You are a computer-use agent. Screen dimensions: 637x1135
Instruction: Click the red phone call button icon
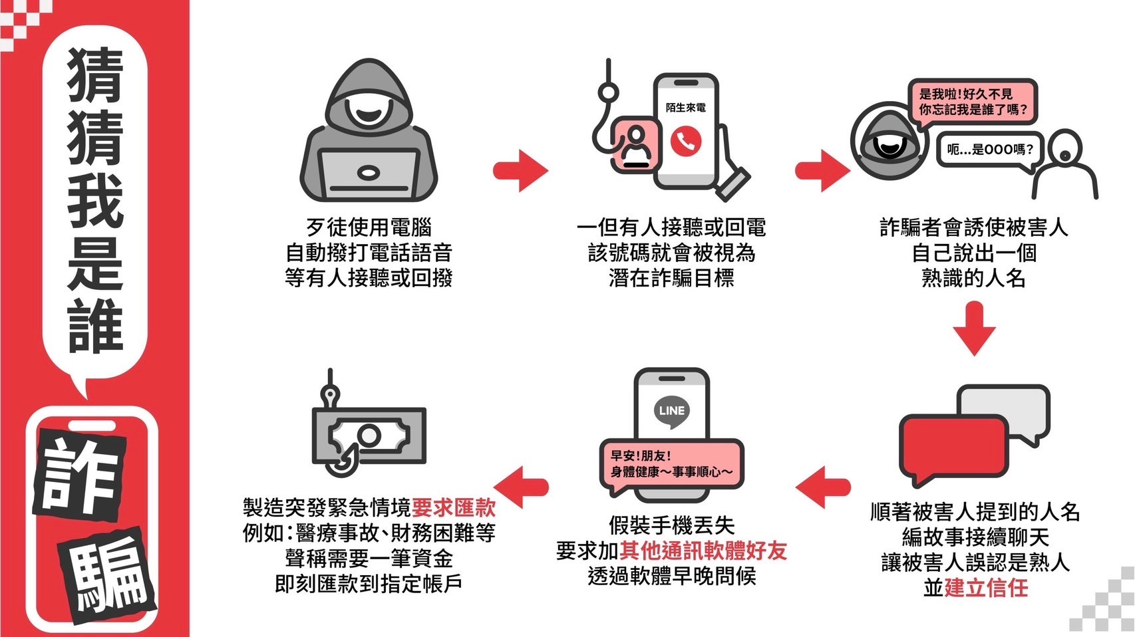[x=685, y=142]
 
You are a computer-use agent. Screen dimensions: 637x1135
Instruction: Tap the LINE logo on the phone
[x=671, y=410]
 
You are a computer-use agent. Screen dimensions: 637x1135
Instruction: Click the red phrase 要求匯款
[x=454, y=508]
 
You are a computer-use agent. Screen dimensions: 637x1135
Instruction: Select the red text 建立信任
[x=986, y=588]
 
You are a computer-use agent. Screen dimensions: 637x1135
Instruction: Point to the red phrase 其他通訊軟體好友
[x=703, y=551]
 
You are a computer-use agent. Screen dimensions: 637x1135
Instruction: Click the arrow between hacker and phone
[x=521, y=171]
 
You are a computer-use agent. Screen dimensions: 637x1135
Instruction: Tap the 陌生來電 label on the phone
[x=685, y=108]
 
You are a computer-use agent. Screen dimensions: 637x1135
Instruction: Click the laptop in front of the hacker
[x=368, y=174]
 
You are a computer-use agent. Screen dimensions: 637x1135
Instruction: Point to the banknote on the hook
[x=369, y=436]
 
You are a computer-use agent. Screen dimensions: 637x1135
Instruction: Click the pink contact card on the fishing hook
[x=635, y=146]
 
